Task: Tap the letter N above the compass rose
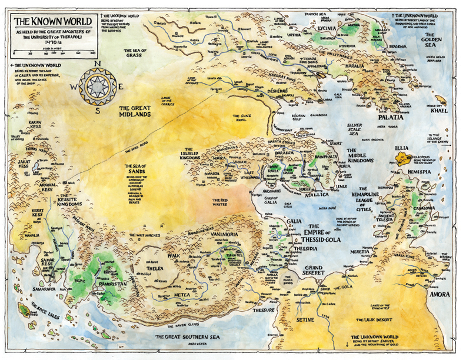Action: coord(99,65)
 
